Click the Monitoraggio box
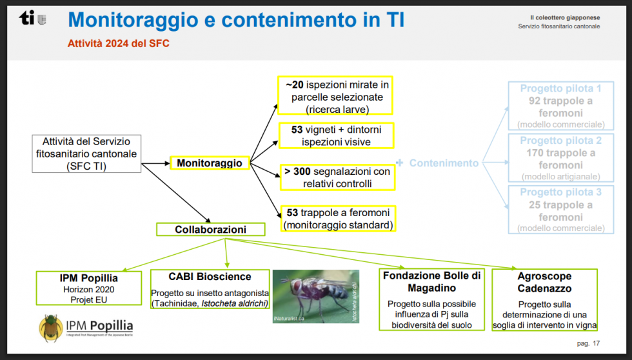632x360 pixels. [210, 163]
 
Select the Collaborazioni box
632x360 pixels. [211, 230]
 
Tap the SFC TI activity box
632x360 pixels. [86, 154]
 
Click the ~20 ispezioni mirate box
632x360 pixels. [335, 95]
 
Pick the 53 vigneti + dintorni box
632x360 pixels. [337, 135]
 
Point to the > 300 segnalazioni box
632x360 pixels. [338, 177]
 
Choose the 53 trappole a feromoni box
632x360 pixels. [338, 219]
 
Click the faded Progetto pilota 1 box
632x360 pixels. [561, 106]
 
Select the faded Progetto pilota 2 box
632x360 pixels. [561, 157]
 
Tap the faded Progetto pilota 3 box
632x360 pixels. [561, 210]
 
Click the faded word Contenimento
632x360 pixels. [444, 163]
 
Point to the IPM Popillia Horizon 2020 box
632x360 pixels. [89, 288]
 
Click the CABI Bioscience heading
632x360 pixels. [210, 277]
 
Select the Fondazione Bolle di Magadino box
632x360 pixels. [431, 299]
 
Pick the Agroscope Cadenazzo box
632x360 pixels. [544, 300]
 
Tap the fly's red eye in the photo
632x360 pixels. [297, 286]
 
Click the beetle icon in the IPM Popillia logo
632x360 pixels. [51, 328]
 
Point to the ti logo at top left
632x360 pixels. [33, 17]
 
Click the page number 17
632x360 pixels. [596, 343]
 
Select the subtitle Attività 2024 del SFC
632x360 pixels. [119, 43]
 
